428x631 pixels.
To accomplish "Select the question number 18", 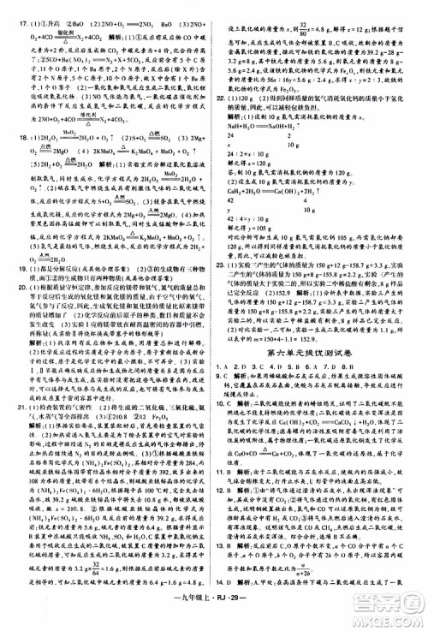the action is coord(11,136).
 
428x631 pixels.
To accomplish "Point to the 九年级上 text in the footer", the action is coord(190,617).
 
